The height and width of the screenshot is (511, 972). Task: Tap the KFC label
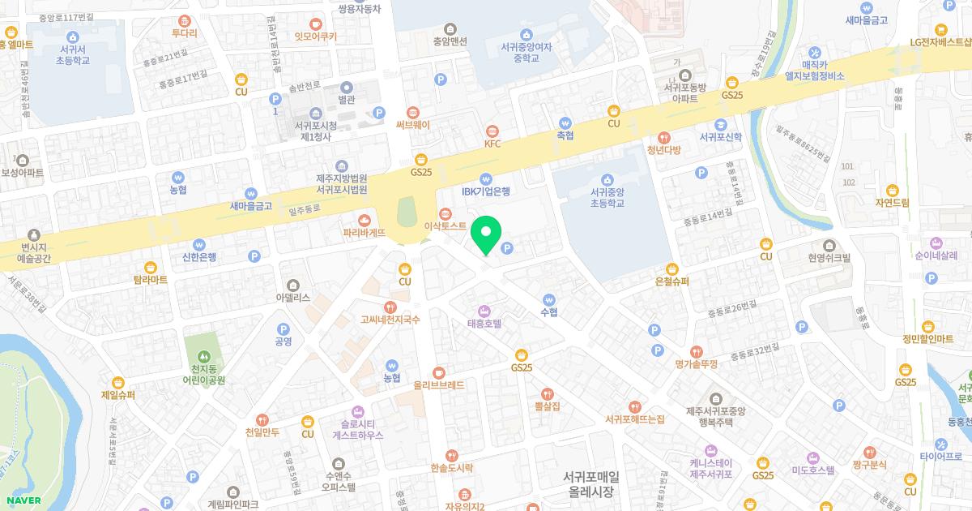492,144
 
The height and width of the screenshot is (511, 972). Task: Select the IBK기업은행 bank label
486,192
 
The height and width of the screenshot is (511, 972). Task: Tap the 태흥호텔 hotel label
484,323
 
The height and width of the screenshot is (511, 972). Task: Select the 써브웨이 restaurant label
413,125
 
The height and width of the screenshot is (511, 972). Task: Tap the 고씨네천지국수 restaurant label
390,320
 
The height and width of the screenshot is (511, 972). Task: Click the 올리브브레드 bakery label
438,385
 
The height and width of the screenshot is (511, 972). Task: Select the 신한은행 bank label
194,258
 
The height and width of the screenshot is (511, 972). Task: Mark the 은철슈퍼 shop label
671,281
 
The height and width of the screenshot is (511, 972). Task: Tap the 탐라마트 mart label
150,280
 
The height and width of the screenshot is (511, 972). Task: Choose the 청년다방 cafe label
664,149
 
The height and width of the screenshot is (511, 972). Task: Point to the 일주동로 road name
305,208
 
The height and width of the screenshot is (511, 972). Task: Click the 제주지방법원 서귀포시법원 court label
341,183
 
